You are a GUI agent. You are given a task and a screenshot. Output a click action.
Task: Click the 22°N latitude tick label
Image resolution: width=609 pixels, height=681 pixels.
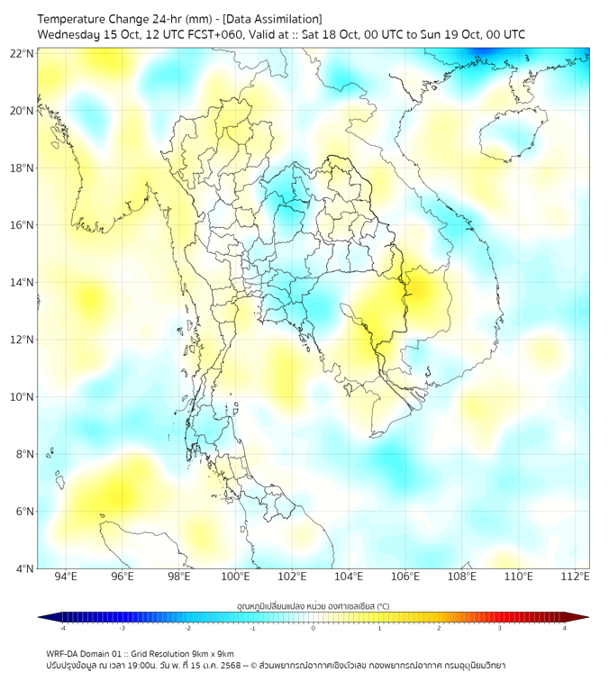click(x=23, y=53)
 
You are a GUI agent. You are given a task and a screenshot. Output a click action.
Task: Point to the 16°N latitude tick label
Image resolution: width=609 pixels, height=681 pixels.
click(x=23, y=225)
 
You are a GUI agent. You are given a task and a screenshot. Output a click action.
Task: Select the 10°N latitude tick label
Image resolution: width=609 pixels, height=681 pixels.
click(x=23, y=397)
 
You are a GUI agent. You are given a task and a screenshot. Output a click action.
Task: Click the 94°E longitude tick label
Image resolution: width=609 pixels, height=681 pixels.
click(x=66, y=577)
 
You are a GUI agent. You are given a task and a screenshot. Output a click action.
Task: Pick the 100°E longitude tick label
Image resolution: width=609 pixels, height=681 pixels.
click(x=235, y=577)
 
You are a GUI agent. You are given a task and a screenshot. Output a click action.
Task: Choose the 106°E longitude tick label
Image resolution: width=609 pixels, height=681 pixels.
click(x=405, y=577)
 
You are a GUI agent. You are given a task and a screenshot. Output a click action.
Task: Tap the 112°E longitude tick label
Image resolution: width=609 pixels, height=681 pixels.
click(x=575, y=577)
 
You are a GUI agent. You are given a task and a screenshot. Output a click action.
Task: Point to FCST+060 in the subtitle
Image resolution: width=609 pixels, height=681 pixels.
click(x=209, y=34)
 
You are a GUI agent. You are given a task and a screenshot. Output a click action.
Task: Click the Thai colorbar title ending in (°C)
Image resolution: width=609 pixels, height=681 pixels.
click(x=313, y=605)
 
